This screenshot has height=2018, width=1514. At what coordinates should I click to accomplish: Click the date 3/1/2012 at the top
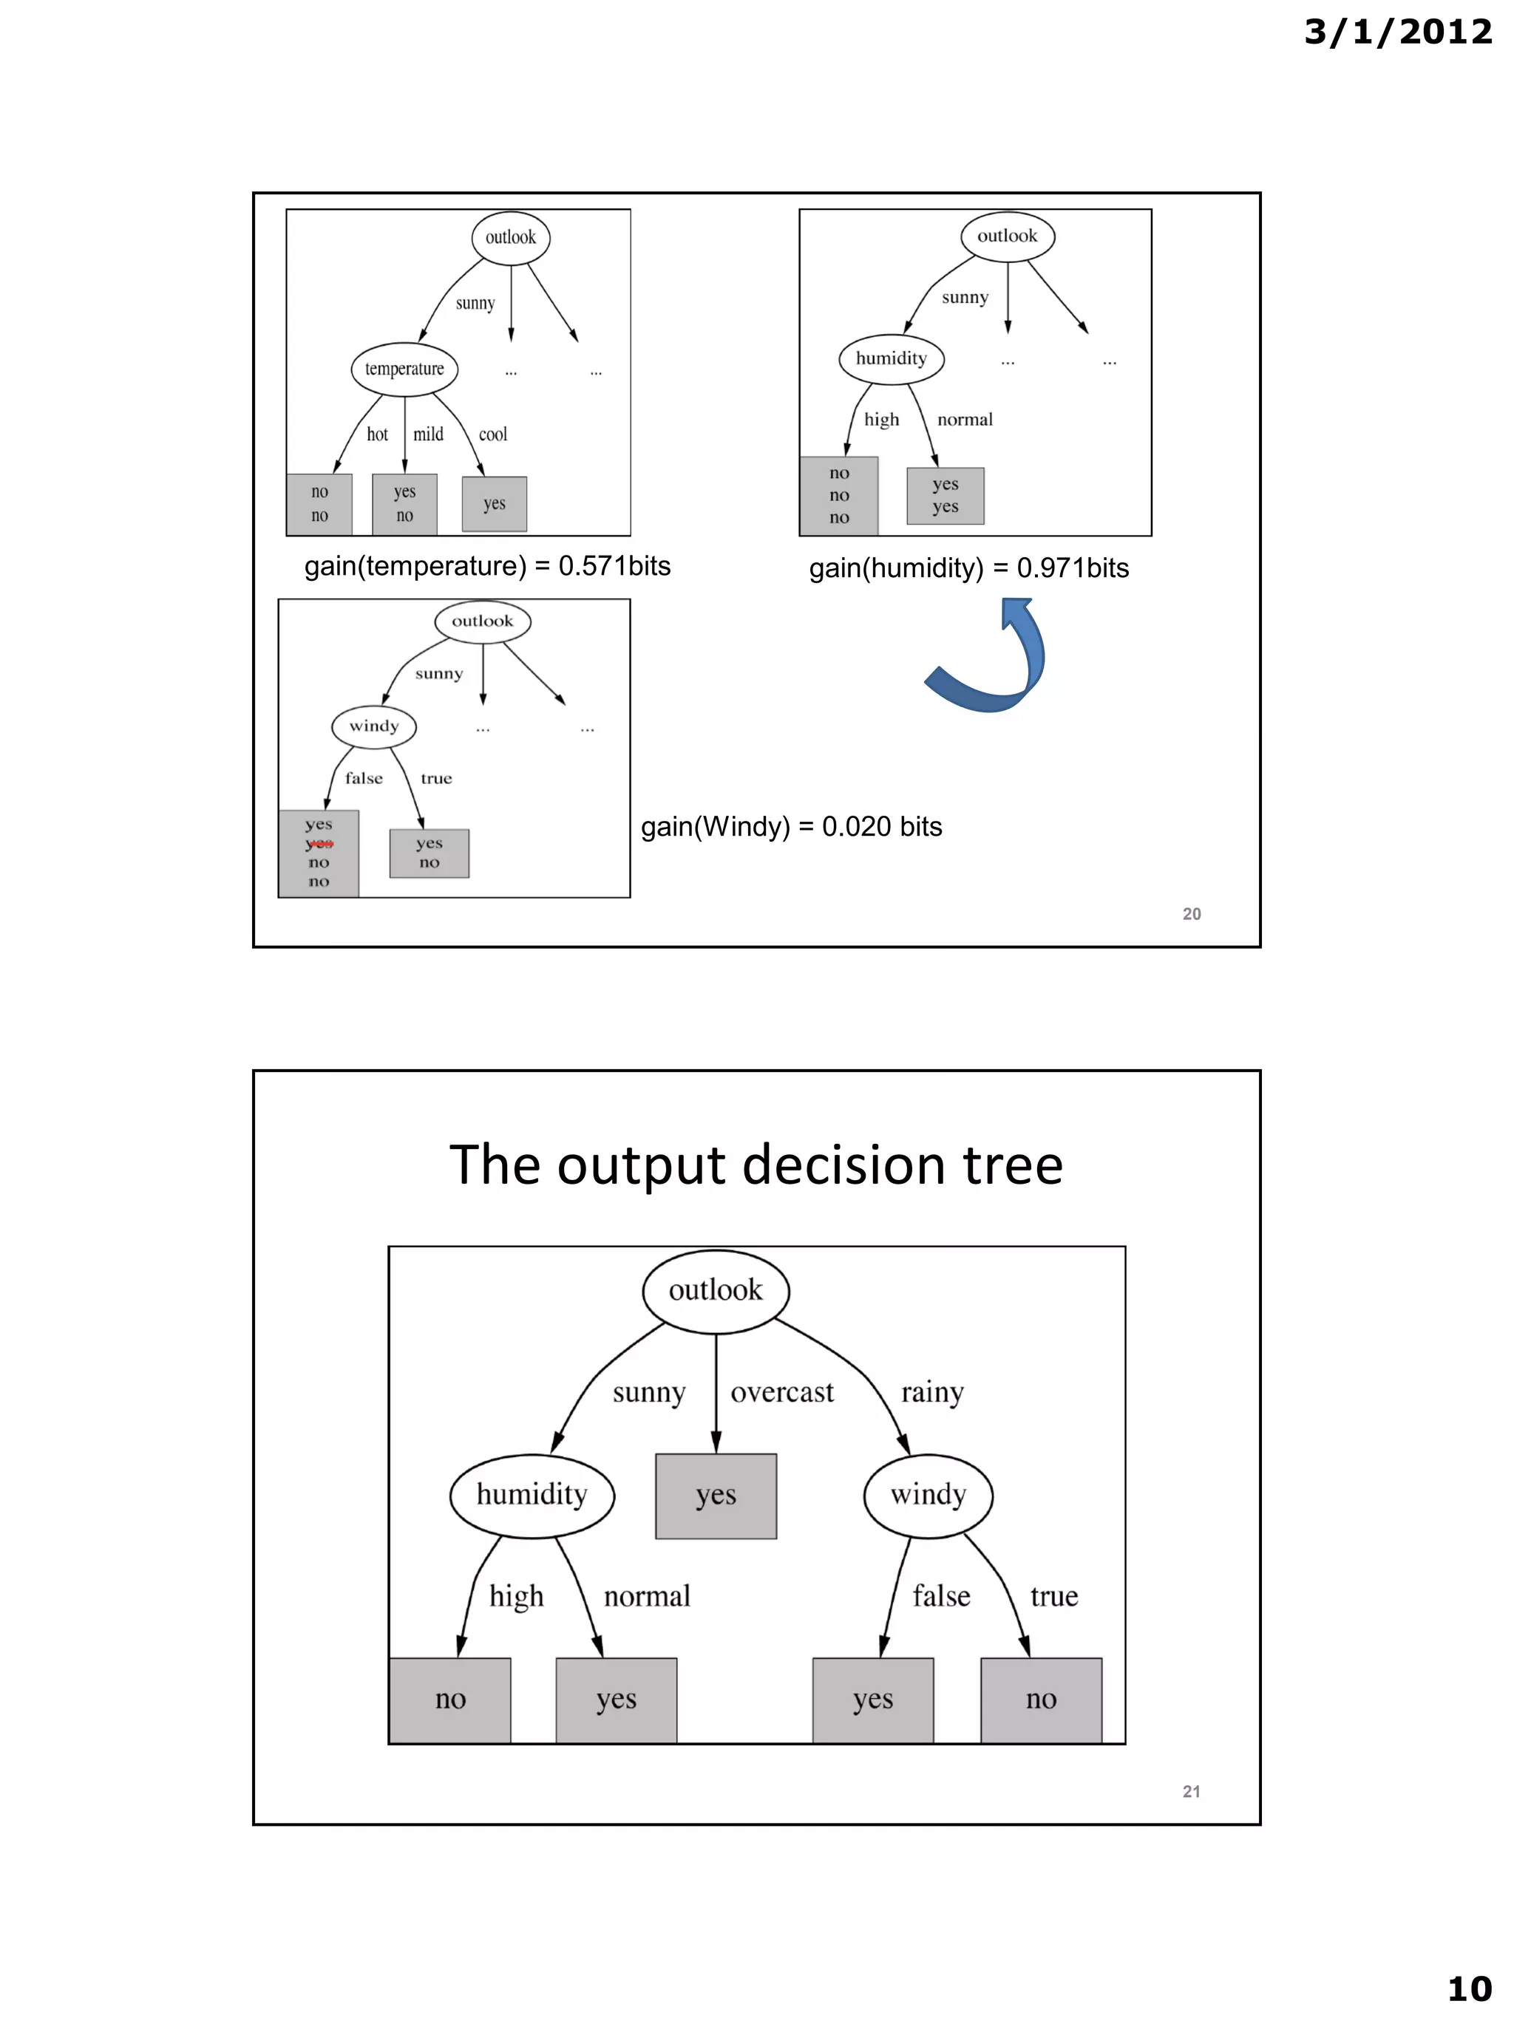pyautogui.click(x=1397, y=33)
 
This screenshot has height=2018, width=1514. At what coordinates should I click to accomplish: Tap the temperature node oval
pyautogui.click(x=404, y=369)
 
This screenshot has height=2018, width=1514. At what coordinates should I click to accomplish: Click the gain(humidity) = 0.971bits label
pyautogui.click(x=968, y=567)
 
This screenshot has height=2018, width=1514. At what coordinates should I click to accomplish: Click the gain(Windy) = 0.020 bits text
pyautogui.click(x=791, y=827)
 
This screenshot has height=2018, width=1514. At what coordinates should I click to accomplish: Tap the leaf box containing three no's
pyautogui.click(x=838, y=495)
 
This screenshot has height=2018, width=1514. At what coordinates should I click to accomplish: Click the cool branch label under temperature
pyautogui.click(x=493, y=434)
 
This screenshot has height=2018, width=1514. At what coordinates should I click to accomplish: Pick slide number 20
pyautogui.click(x=1191, y=913)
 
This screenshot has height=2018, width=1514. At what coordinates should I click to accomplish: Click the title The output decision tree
pyautogui.click(x=756, y=1165)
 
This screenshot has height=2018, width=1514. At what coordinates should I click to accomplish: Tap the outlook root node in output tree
pyautogui.click(x=716, y=1289)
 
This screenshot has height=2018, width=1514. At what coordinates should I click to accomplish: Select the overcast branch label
pyautogui.click(x=782, y=1392)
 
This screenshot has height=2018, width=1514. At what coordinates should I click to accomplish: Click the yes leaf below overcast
pyautogui.click(x=716, y=1496)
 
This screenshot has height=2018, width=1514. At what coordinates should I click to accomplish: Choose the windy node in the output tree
pyautogui.click(x=928, y=1494)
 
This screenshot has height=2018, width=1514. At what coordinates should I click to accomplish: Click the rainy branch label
pyautogui.click(x=931, y=1392)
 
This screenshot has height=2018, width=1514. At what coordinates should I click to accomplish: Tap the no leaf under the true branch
pyautogui.click(x=1040, y=1699)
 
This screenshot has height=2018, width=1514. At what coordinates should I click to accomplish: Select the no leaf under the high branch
pyautogui.click(x=451, y=1699)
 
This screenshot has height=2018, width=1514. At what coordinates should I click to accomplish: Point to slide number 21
pyautogui.click(x=1191, y=1791)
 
